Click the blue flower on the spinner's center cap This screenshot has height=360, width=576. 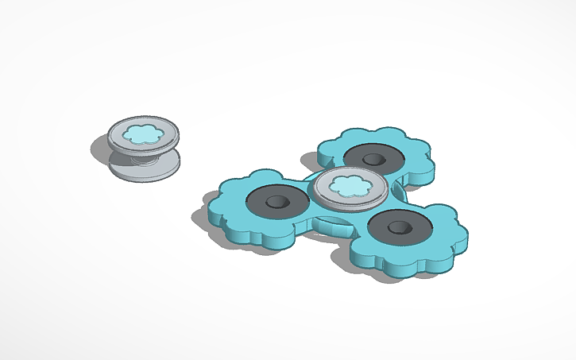(349, 187)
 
